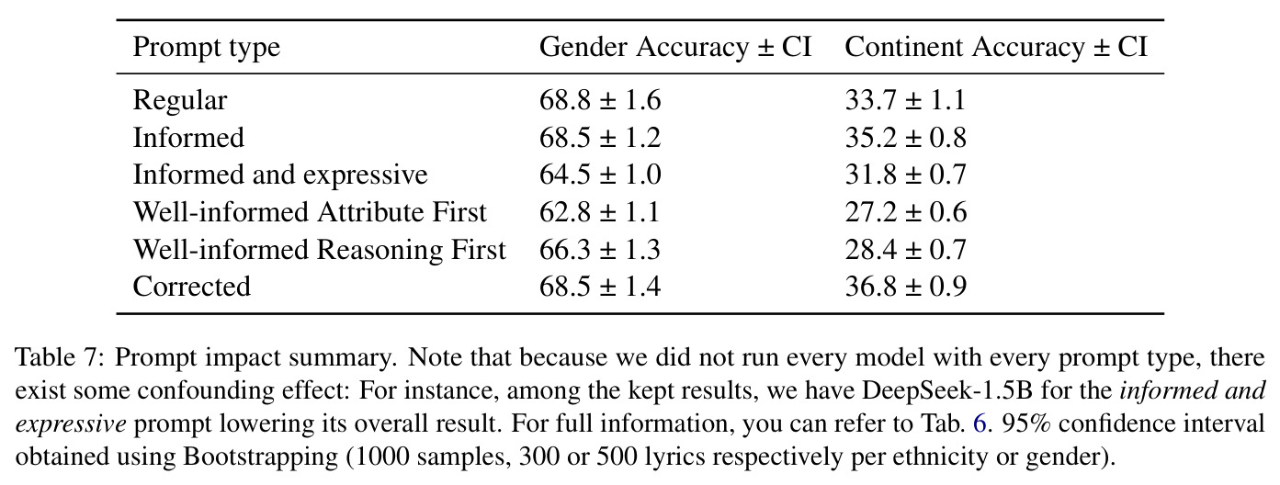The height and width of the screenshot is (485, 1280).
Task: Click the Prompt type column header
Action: click(x=206, y=48)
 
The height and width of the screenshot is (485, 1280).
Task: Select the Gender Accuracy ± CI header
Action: click(x=675, y=47)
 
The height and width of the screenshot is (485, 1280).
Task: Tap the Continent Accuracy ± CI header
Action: click(x=996, y=47)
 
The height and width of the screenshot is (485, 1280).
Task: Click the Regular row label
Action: click(x=180, y=101)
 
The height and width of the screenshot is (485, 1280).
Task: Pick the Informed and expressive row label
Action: click(x=280, y=175)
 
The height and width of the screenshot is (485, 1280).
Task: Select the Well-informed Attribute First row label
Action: click(x=310, y=212)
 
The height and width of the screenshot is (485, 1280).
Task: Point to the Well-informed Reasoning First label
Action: click(x=320, y=250)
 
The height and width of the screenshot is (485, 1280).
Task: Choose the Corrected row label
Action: click(x=191, y=287)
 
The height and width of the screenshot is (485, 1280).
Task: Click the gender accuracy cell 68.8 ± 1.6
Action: click(x=600, y=100)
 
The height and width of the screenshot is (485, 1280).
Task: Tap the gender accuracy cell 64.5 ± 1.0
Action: click(x=600, y=175)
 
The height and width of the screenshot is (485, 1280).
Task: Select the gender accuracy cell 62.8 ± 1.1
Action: click(x=600, y=212)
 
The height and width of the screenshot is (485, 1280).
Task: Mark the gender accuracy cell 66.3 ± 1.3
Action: click(x=600, y=250)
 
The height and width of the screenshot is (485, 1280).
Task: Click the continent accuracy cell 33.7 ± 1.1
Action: click(x=905, y=100)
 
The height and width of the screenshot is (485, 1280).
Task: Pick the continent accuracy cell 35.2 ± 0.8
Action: click(x=906, y=138)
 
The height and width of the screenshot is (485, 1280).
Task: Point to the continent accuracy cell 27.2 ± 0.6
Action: click(x=906, y=212)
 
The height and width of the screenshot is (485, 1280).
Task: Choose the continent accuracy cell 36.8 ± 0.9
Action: click(x=906, y=287)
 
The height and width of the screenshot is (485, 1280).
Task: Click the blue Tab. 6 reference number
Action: click(x=980, y=423)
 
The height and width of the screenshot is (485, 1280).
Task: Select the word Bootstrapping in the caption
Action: click(x=261, y=457)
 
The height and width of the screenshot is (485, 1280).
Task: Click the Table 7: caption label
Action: click(x=60, y=358)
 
